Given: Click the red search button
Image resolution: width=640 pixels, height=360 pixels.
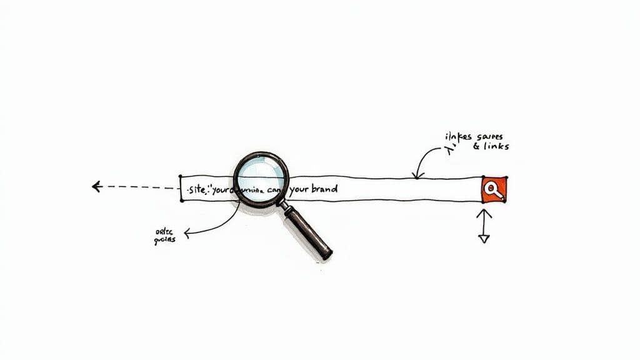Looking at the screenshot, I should pyautogui.click(x=494, y=190).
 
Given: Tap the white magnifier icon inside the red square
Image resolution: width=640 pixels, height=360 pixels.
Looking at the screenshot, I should pyautogui.click(x=494, y=189).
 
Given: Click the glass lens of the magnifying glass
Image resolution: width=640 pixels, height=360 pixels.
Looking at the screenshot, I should pyautogui.click(x=261, y=179).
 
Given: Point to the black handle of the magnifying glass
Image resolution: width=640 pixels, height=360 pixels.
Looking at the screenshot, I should pyautogui.click(x=309, y=232).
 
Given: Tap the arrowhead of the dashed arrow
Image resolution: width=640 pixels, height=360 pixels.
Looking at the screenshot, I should pyautogui.click(x=96, y=186).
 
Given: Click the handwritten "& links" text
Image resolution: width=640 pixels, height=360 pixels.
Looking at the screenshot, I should pyautogui.click(x=491, y=146).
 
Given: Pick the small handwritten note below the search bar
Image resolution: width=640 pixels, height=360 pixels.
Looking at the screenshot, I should pyautogui.click(x=165, y=236).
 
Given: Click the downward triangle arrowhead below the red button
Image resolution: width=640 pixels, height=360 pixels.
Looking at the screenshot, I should pyautogui.click(x=484, y=237).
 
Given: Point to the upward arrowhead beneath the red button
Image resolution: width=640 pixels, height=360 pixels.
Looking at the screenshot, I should pyautogui.click(x=484, y=213).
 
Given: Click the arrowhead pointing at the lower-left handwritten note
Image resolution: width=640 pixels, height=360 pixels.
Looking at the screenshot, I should pyautogui.click(x=187, y=233).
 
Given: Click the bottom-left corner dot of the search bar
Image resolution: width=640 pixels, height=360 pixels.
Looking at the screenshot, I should pyautogui.click(x=181, y=201).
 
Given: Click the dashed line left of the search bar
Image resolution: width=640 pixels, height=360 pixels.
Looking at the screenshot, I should pyautogui.click(x=141, y=187).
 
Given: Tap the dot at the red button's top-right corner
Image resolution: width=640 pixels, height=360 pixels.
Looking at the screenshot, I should pyautogui.click(x=506, y=178).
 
